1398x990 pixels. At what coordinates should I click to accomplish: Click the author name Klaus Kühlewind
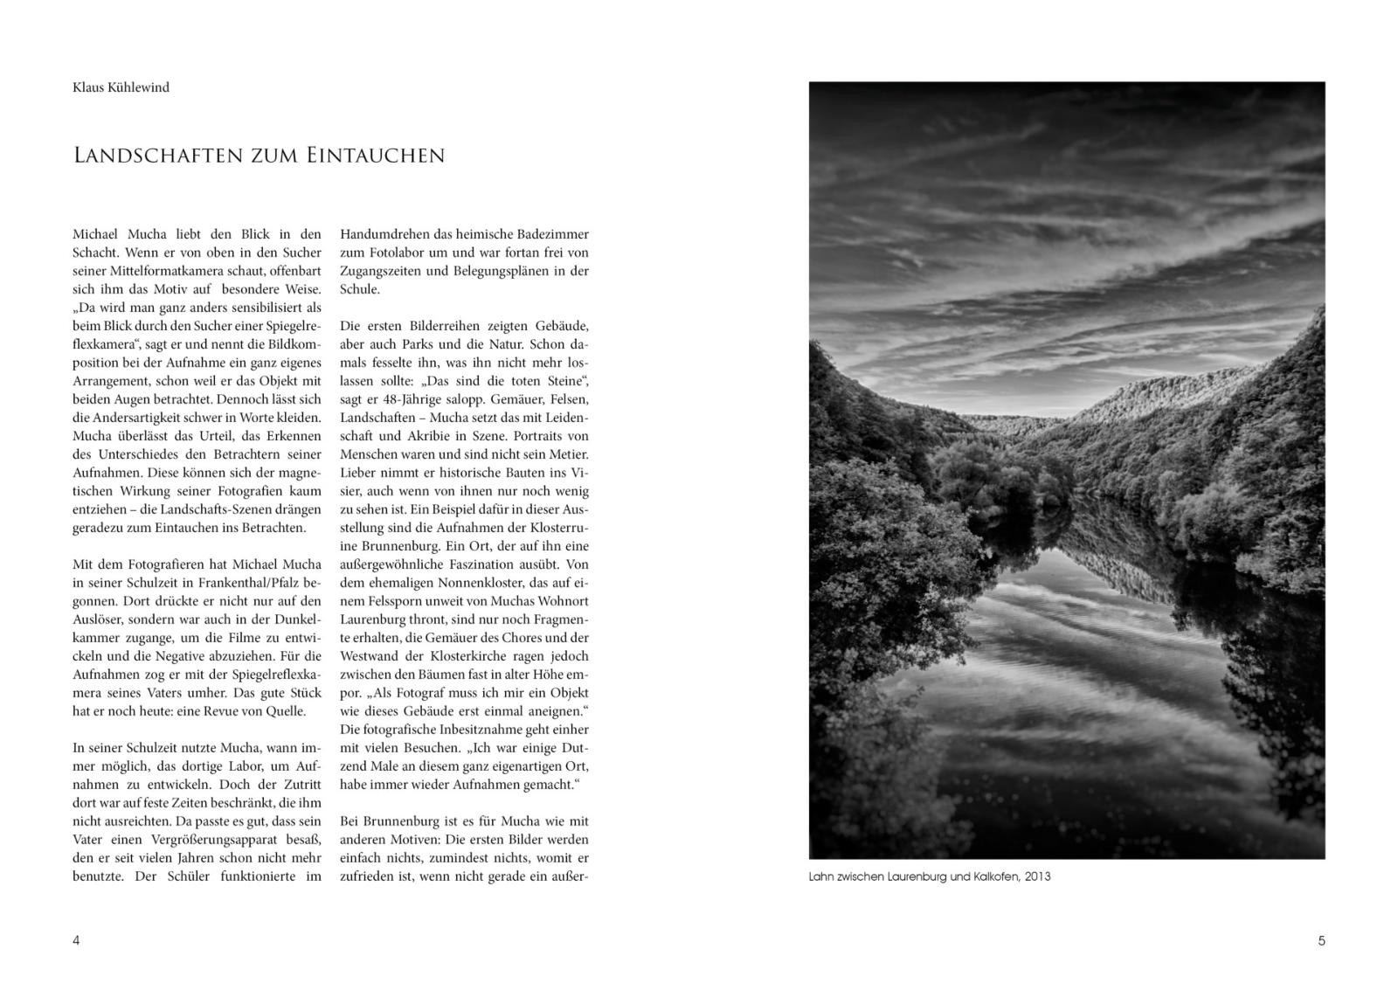tap(121, 87)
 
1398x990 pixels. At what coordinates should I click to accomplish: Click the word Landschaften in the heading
tap(156, 156)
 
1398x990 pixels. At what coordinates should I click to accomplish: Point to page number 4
tap(76, 941)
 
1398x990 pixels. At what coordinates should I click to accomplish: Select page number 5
tap(1321, 941)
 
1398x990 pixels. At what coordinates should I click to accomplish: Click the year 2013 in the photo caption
tap(1038, 876)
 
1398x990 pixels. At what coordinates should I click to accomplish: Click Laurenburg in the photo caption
tap(917, 876)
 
